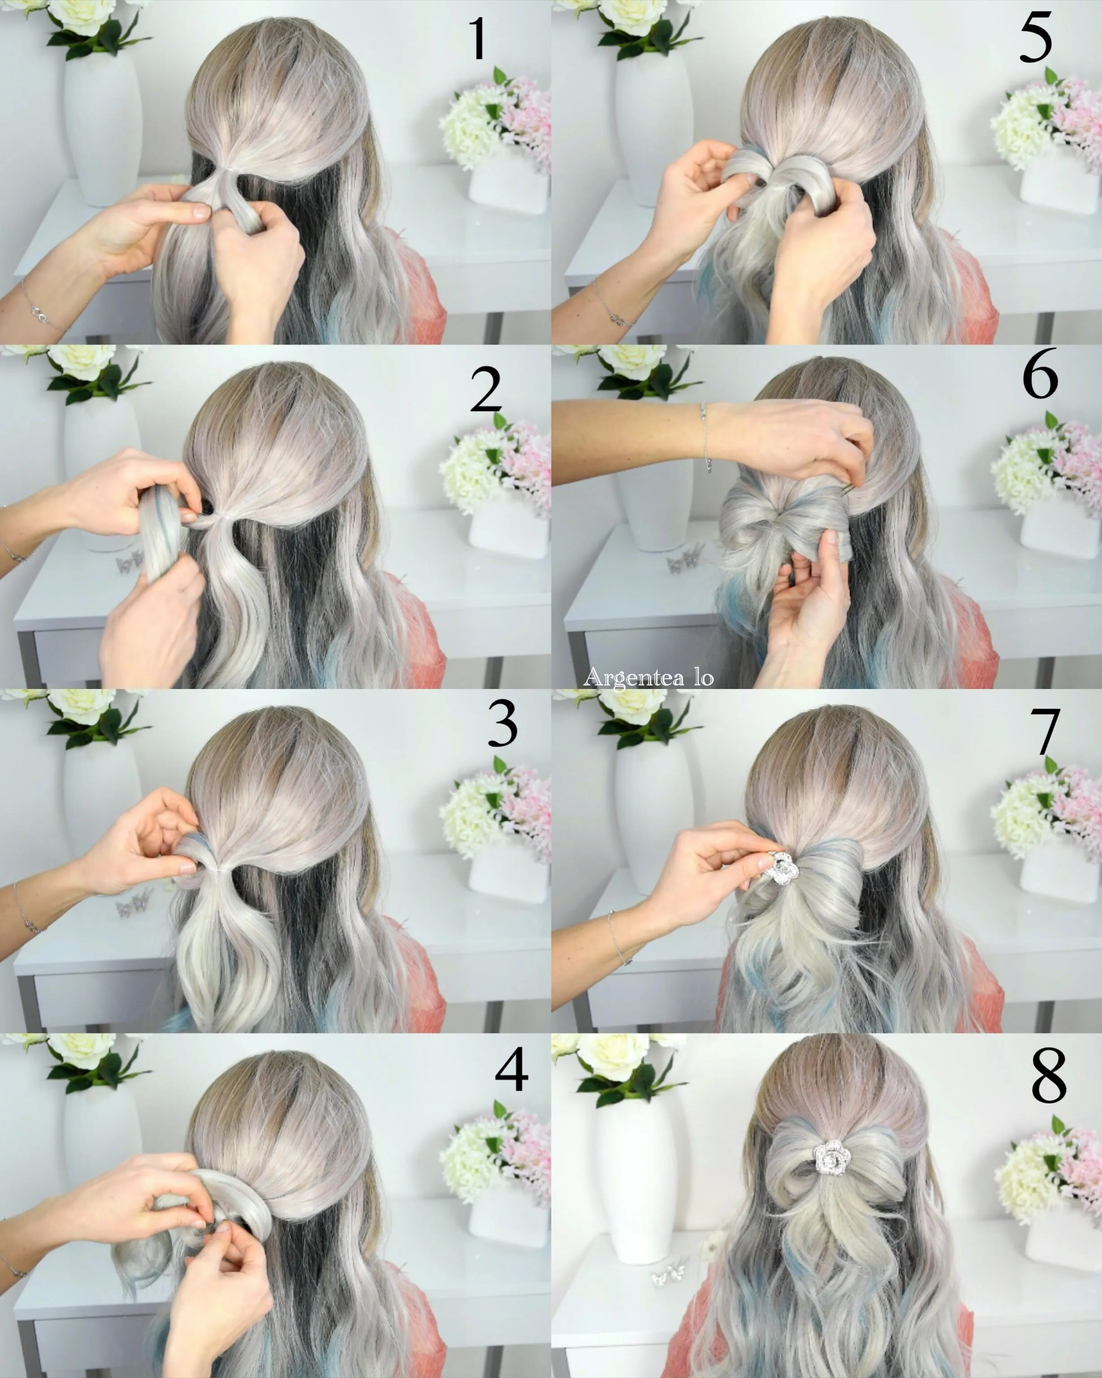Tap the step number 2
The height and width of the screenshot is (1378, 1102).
(x=486, y=389)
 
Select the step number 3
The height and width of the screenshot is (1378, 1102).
(x=502, y=724)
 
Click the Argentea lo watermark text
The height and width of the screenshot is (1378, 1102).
(x=648, y=677)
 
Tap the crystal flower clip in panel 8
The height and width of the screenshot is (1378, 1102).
(x=829, y=1156)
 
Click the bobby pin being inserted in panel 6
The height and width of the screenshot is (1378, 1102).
(x=848, y=489)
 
